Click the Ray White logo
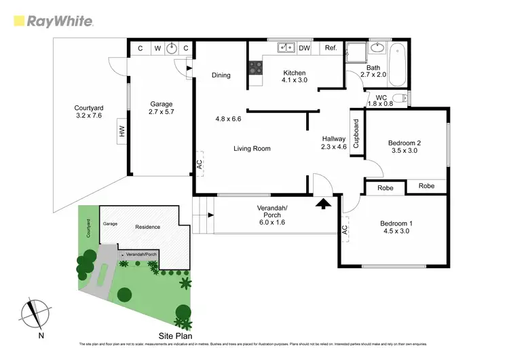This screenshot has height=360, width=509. (x=53, y=20)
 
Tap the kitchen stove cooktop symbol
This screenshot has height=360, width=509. (x=257, y=67)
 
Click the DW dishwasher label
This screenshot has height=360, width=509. (x=305, y=48)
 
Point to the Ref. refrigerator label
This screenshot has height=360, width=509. (x=331, y=48)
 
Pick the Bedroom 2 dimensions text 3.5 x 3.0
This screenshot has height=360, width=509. (x=404, y=151)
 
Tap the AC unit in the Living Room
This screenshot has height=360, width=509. (x=199, y=163)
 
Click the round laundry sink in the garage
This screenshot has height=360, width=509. (x=172, y=48)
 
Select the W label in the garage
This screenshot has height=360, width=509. (x=157, y=48)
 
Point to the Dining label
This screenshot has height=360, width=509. (x=221, y=75)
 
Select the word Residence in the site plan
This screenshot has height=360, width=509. (x=147, y=227)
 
